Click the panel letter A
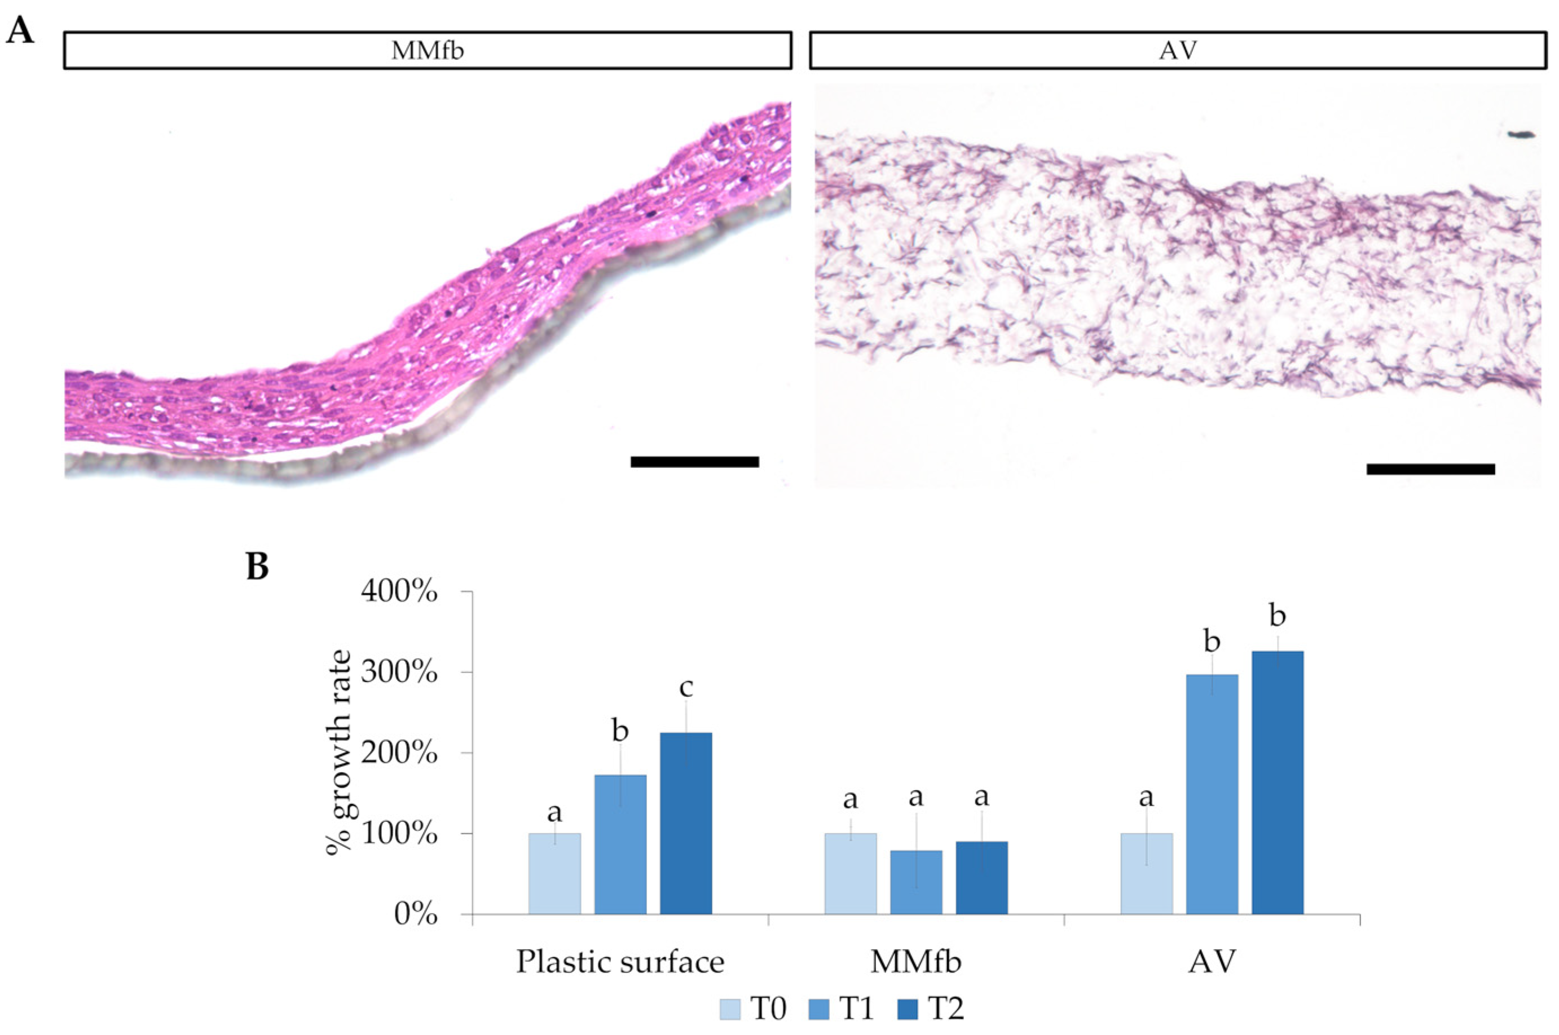tap(19, 31)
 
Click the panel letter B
tap(258, 567)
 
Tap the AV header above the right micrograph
tap(1178, 50)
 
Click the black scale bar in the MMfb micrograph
tap(695, 461)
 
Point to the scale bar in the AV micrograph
tap(1430, 468)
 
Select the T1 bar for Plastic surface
tap(620, 844)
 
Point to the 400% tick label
tap(399, 592)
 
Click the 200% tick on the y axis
tap(399, 753)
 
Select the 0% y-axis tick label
tap(416, 915)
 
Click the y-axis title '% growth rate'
tap(341, 753)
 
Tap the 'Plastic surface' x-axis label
tap(620, 962)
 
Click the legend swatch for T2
tap(908, 1009)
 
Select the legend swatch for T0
tap(730, 1009)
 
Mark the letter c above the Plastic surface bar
tap(686, 688)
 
